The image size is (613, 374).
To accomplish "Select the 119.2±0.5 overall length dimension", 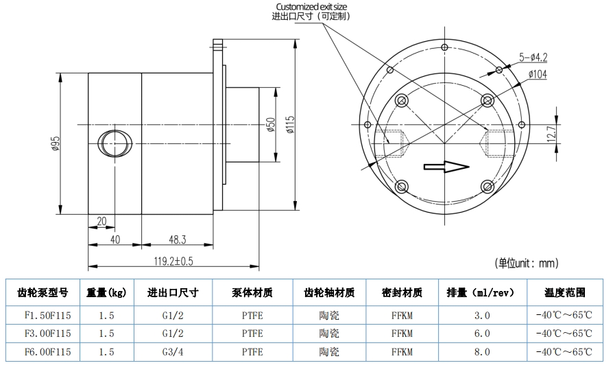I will [173, 261].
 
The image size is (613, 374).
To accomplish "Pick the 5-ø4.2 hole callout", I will [535, 58].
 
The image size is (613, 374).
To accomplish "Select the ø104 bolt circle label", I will [538, 75].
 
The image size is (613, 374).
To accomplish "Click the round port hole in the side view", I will [115, 143].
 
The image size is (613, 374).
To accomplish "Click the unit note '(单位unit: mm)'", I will [527, 263].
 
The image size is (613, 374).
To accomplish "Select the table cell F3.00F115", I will [43, 334].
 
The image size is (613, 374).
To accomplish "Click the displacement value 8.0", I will [483, 352].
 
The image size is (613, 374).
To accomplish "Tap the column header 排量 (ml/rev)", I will [483, 292].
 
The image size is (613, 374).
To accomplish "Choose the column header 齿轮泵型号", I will [43, 292].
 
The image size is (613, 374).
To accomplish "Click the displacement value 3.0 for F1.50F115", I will [483, 316].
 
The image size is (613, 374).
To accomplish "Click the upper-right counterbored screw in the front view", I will [488, 101].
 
